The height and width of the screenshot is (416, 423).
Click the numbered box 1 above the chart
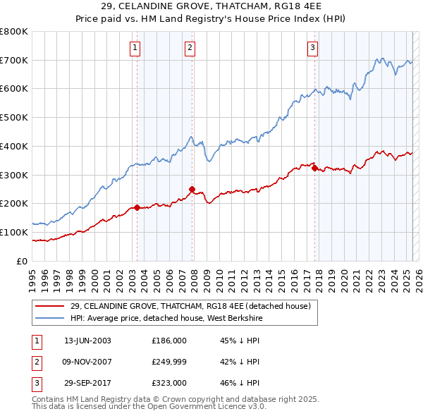click(x=135, y=48)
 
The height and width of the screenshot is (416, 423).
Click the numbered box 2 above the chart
click(x=190, y=48)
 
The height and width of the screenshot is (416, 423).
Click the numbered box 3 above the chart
click(x=312, y=48)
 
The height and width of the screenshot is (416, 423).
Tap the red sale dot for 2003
click(x=137, y=207)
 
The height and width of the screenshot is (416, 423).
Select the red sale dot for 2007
click(x=192, y=189)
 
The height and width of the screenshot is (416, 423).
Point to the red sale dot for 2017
click(x=314, y=168)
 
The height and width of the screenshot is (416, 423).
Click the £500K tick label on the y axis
click(x=13, y=118)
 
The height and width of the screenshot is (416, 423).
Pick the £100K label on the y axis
click(x=13, y=232)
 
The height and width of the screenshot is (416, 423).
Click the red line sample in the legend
click(x=49, y=306)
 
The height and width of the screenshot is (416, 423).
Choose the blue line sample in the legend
click(x=49, y=319)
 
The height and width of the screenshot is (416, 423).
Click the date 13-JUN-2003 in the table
click(x=87, y=340)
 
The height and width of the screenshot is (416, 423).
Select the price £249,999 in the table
click(x=168, y=362)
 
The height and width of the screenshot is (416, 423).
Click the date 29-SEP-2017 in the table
click(x=87, y=384)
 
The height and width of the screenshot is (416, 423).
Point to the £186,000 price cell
click(x=168, y=340)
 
